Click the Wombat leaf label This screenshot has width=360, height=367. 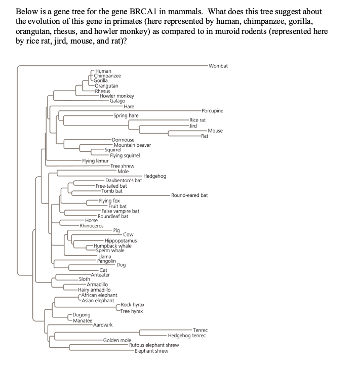coord(218,66)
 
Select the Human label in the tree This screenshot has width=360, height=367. coord(103,71)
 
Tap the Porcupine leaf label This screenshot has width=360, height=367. coord(212,110)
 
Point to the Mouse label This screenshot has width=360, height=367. coord(215,131)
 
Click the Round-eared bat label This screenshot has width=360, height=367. coord(189,195)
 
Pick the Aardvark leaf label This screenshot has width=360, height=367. coord(103,325)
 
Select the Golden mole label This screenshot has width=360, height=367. coord(117,340)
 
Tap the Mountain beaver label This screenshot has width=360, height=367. coord(132,145)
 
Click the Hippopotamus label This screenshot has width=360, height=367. coord(121,240)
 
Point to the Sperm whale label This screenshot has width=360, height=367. coord(110,250)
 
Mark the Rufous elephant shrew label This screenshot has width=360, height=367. coord(154,345)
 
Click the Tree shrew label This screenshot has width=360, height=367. coord(122,166)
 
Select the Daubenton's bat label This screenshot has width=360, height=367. coord(124,180)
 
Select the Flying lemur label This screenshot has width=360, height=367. coord(96,161)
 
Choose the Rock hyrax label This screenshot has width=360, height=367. coord(133,305)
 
